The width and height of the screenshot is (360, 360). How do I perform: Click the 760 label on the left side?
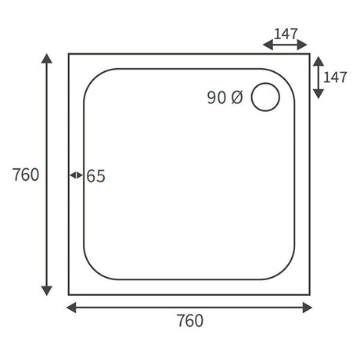pos(26,175)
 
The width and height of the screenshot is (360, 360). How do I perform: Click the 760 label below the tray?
pos(189,321)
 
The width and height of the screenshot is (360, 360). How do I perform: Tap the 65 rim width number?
pos(95,176)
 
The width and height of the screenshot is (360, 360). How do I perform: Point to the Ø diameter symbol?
pos(238,98)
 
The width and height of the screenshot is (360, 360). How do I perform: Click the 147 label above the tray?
pos(286,34)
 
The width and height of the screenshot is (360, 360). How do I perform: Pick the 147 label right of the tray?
pos(336,77)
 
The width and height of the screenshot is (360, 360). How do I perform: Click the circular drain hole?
pos(266,97)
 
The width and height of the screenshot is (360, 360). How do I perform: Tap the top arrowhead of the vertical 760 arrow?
pos(47,59)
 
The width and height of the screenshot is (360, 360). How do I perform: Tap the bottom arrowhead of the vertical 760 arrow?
pos(47,290)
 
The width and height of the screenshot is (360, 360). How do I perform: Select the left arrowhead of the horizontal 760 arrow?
pos(71,307)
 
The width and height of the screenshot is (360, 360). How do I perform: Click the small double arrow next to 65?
pos(76,175)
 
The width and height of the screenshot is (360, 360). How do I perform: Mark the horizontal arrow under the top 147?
pos(286,46)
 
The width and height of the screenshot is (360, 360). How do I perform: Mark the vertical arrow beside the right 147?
pos(318,77)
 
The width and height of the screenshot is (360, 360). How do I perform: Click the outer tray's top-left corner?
pos(69,54)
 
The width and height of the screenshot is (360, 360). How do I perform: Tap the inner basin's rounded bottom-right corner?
pos(286,271)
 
